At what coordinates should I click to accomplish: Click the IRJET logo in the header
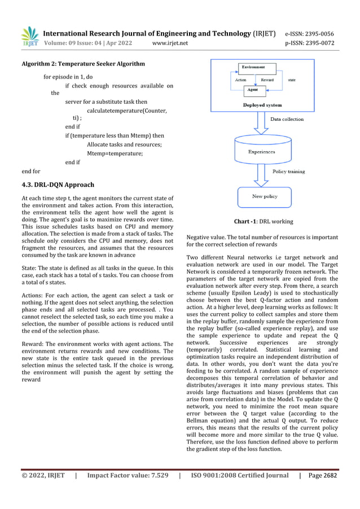(29, 37)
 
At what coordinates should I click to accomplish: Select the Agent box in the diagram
(254, 89)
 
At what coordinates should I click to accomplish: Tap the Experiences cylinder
(261, 151)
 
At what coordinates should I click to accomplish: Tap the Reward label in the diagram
(267, 80)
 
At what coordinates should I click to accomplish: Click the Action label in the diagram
(240, 80)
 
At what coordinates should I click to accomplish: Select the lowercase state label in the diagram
(292, 80)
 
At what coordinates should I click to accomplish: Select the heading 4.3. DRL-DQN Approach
(58, 185)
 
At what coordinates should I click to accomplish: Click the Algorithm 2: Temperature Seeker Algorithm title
(83, 64)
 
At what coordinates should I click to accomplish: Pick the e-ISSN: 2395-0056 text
(309, 33)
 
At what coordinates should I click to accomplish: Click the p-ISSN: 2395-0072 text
(309, 43)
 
